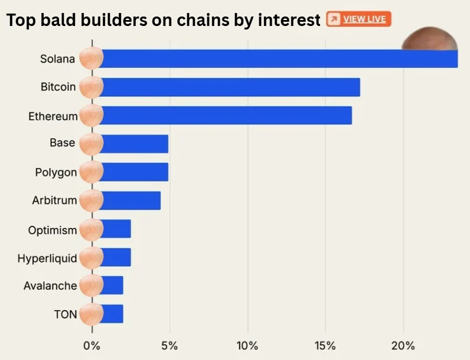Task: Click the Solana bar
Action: (x=278, y=58)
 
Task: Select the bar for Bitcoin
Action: (x=230, y=87)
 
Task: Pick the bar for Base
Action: (x=135, y=143)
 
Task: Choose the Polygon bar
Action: (x=135, y=172)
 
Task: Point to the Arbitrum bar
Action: (x=130, y=200)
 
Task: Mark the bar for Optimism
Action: (x=116, y=228)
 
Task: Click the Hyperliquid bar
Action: (x=116, y=257)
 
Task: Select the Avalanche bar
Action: (x=112, y=285)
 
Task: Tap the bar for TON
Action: (x=112, y=313)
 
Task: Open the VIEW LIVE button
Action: (x=358, y=19)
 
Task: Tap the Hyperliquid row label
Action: (x=47, y=258)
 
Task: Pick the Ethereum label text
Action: (x=53, y=116)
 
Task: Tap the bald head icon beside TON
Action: (x=91, y=314)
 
